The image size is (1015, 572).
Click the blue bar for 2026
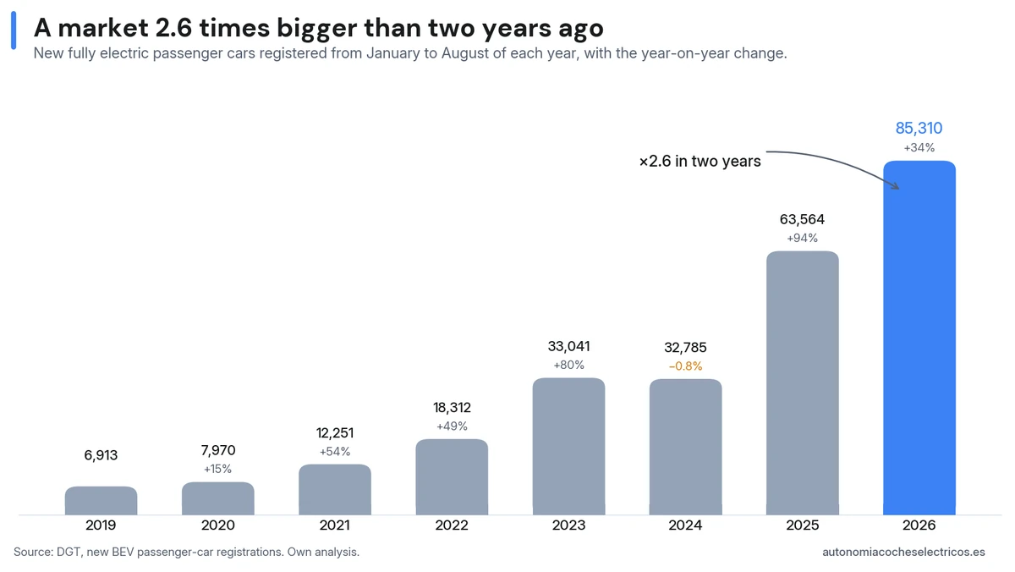(x=919, y=338)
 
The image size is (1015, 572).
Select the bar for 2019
(x=101, y=500)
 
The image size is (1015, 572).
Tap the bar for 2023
(x=568, y=447)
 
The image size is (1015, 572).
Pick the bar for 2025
(x=803, y=383)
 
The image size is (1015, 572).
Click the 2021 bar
(x=335, y=490)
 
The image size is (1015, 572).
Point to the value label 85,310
(x=919, y=129)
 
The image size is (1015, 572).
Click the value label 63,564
(x=802, y=219)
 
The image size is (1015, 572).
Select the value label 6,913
(x=101, y=455)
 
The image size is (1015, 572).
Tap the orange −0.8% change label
(x=686, y=366)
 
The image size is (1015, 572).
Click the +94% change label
(x=802, y=238)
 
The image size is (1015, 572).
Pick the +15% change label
(x=217, y=469)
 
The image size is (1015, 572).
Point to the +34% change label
(x=919, y=147)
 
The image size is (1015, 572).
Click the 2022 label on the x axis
(x=452, y=525)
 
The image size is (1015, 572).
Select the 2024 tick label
(x=686, y=525)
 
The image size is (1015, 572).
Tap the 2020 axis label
(x=218, y=525)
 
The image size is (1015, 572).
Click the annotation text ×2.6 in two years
(x=700, y=162)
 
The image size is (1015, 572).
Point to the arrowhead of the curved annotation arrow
(x=897, y=187)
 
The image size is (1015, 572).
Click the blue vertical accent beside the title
(x=14, y=30)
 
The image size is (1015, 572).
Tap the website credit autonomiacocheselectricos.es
(x=903, y=552)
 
